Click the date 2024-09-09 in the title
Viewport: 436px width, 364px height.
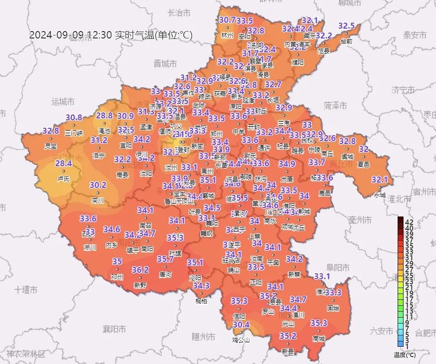click(x=57, y=35)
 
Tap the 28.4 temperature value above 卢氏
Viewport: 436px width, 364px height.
click(x=63, y=164)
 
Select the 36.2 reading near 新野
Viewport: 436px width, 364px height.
click(x=140, y=270)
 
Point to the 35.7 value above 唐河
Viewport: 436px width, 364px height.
click(x=165, y=259)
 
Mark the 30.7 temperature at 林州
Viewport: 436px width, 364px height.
click(x=227, y=20)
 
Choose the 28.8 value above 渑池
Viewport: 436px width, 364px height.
click(x=104, y=115)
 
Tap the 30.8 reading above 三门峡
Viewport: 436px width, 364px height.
click(x=74, y=117)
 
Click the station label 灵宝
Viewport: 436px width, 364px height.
click(x=50, y=146)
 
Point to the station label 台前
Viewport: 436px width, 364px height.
click(x=346, y=41)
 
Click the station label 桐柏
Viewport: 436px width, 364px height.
click(x=201, y=301)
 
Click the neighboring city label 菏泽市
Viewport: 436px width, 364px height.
click(x=336, y=106)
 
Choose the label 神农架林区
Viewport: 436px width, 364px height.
click(x=25, y=354)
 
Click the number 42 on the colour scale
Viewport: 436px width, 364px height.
click(x=409, y=221)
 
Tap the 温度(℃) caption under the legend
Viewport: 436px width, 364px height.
click(x=405, y=355)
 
